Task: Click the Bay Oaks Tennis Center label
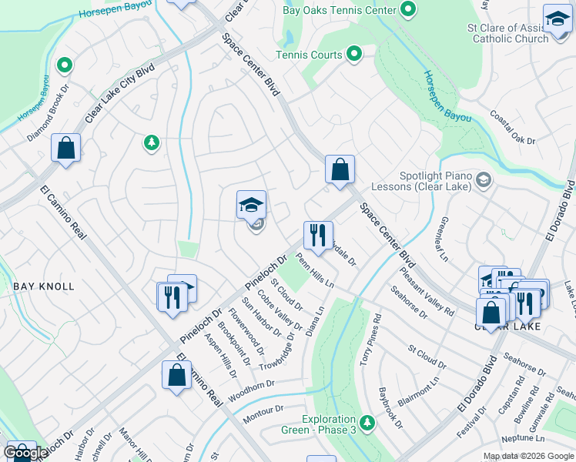350,10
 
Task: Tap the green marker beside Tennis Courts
354,54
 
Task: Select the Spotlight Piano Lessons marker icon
483,179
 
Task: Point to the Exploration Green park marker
367,422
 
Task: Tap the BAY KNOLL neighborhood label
44,286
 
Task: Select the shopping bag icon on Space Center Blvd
340,169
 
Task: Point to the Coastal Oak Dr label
512,129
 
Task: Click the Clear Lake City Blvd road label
120,92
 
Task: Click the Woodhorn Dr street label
260,385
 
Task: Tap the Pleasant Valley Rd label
426,290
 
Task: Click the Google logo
25,453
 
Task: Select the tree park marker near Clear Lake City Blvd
152,142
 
